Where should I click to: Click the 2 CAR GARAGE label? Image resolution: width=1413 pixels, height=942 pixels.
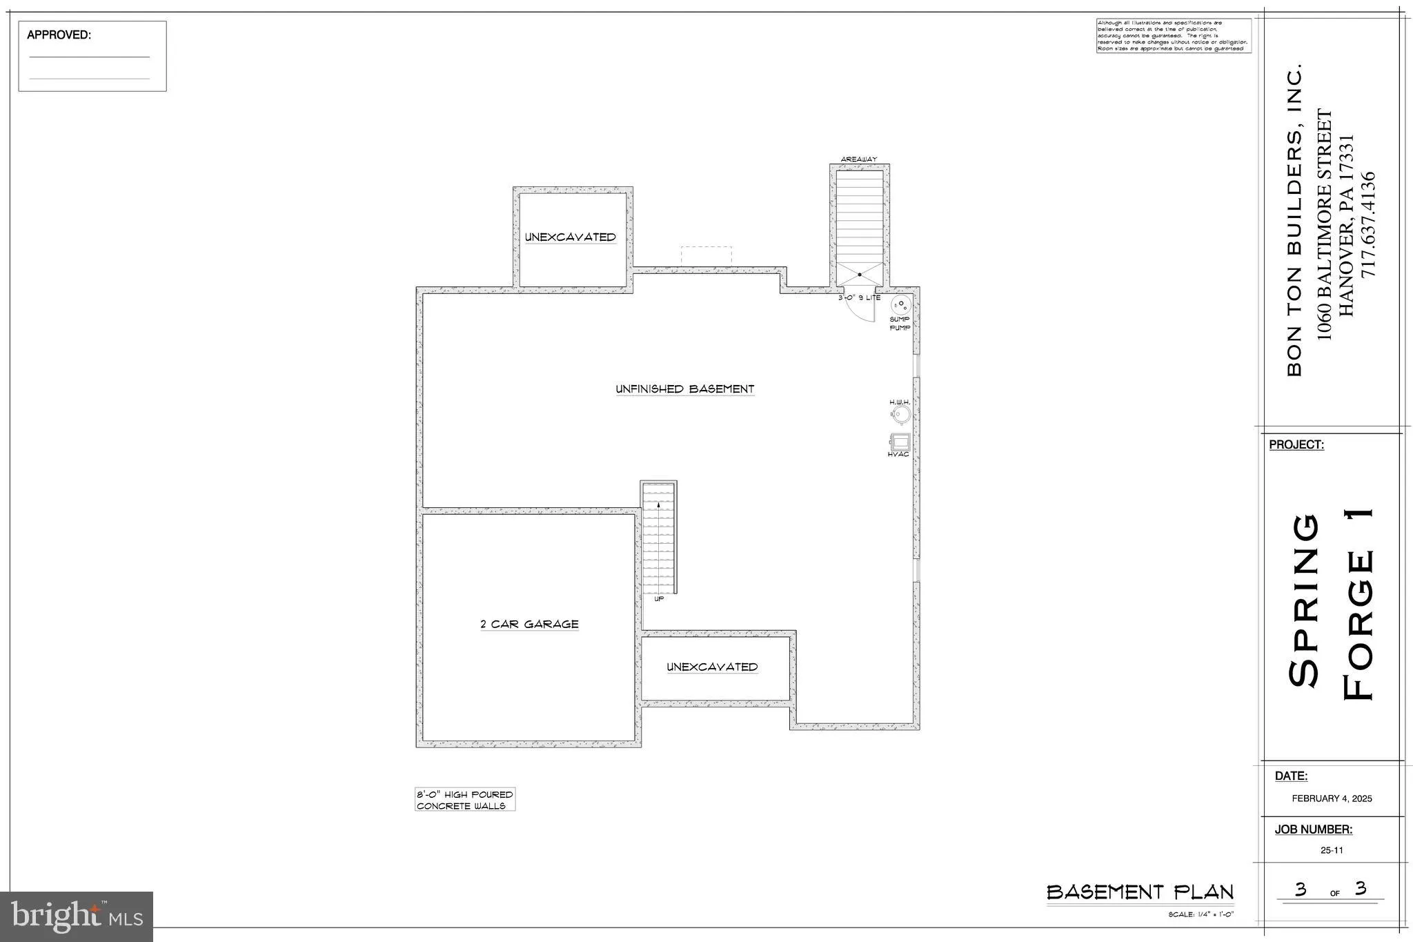click(x=529, y=624)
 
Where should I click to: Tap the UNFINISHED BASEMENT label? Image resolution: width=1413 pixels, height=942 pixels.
click(x=684, y=389)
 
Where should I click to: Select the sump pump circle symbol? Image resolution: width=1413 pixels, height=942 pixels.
click(x=901, y=305)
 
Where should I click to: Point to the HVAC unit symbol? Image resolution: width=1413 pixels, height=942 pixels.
click(x=900, y=442)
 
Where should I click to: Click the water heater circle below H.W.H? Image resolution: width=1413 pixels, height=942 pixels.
click(x=900, y=415)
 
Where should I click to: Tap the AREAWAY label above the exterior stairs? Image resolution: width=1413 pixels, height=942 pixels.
click(x=858, y=159)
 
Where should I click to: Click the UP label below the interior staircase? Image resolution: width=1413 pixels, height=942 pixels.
click(x=659, y=599)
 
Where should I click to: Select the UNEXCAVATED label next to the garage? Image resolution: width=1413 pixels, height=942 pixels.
click(x=712, y=667)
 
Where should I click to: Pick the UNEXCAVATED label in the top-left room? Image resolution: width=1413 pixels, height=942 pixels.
click(x=571, y=237)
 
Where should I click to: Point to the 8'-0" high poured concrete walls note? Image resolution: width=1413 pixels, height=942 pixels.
click(x=464, y=800)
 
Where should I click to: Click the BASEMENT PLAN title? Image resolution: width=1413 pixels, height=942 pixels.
click(x=1140, y=892)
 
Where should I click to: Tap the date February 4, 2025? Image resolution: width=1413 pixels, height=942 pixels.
click(x=1332, y=798)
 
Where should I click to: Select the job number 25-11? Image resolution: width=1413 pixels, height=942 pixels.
click(x=1332, y=850)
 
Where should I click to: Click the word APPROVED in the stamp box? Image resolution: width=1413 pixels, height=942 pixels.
click(x=59, y=35)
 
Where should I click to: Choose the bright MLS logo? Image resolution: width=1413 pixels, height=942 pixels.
click(x=77, y=916)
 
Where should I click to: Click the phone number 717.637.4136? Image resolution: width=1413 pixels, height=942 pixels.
click(x=1367, y=224)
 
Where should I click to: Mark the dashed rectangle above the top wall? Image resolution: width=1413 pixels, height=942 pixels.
click(x=706, y=255)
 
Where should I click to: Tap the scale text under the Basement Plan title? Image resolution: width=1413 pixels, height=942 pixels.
click(x=1200, y=915)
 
